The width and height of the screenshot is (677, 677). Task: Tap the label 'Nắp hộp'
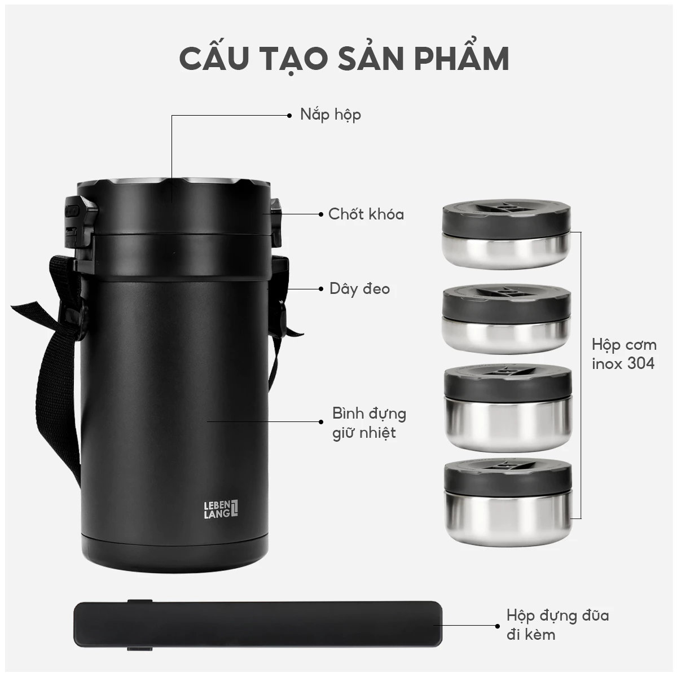pos(331,115)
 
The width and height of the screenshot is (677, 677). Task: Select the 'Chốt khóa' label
pos(366,214)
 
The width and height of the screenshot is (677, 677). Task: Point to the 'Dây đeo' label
pos(360,289)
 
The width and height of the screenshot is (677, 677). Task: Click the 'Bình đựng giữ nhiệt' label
pos(369,423)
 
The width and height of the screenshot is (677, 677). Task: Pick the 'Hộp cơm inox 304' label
pos(623,354)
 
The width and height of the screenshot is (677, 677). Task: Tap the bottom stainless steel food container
pos(507,492)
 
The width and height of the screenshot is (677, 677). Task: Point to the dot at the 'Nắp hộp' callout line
pos(289,115)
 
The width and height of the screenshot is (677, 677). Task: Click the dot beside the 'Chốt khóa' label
pos(320,214)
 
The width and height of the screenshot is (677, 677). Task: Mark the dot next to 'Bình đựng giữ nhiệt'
pos(322,421)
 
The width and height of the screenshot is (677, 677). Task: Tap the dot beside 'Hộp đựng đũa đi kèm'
pos(496,625)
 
